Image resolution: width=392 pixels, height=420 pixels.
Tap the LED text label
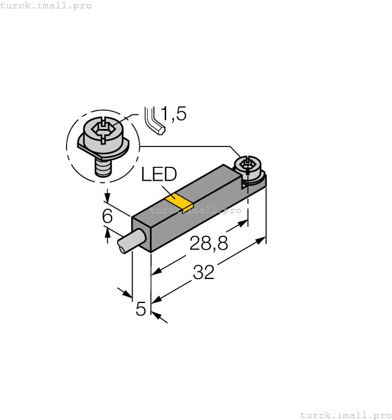click(159, 175)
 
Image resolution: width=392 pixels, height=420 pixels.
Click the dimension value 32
click(204, 273)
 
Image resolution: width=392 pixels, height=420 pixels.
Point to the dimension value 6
click(107, 216)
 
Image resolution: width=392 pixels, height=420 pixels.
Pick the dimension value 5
click(141, 309)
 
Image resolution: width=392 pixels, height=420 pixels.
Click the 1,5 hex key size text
click(173, 114)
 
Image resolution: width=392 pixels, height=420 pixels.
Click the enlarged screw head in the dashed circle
click(102, 133)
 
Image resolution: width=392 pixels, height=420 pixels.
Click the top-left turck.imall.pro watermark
click(46, 5)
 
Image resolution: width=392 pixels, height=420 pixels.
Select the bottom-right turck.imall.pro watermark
click(345, 415)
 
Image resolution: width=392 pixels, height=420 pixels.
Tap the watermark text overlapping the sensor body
click(195, 210)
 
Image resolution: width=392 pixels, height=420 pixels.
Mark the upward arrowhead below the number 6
click(108, 232)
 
